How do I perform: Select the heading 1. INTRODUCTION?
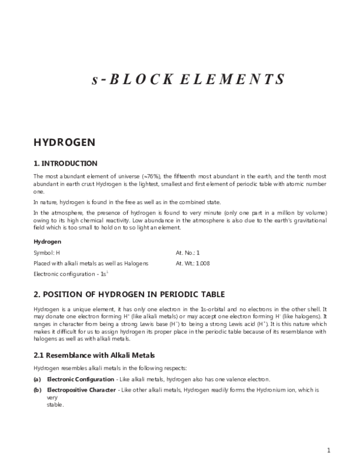pyautogui.click(x=65, y=163)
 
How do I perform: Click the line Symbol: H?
pyautogui.click(x=47, y=253)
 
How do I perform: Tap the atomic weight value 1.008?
pyautogui.click(x=202, y=263)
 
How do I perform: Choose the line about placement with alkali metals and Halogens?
pyautogui.click(x=91, y=263)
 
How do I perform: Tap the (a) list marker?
pyautogui.click(x=37, y=379)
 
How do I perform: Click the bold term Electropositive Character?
pyautogui.click(x=82, y=390)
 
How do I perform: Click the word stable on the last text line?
pyautogui.click(x=55, y=405)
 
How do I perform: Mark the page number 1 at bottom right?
pyautogui.click(x=328, y=450)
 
